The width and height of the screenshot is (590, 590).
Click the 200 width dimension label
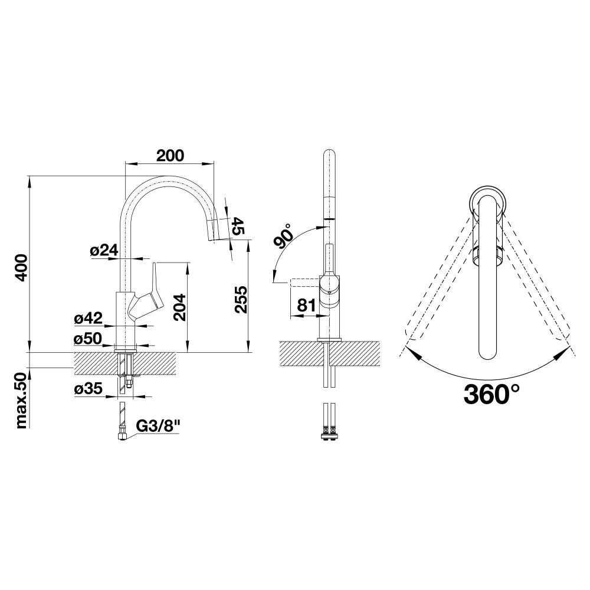(170, 155)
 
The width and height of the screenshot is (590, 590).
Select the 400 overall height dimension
(21, 267)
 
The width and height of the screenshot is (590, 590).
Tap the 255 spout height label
(241, 300)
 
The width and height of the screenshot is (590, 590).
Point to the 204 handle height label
(179, 307)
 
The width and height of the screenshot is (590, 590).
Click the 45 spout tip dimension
(238, 226)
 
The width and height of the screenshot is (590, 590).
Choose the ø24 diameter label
(104, 250)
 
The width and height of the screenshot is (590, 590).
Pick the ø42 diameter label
(88, 319)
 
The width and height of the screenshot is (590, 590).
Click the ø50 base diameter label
(88, 339)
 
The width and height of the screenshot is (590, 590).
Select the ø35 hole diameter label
(88, 389)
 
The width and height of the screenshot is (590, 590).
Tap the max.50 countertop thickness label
(21, 401)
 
